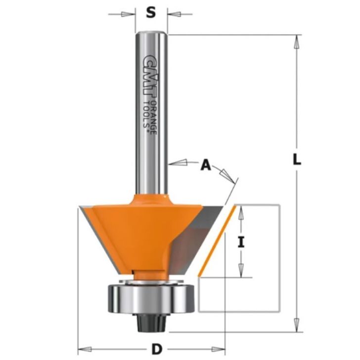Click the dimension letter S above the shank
151,12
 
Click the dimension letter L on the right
297,159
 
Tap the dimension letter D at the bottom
157,349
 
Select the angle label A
206,165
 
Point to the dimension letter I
241,242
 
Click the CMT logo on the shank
150,75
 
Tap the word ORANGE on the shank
154,117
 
